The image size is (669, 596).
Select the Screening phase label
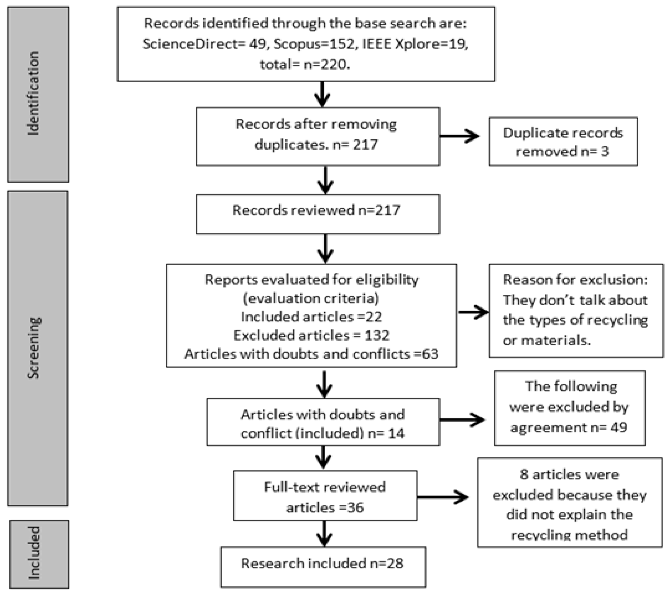(34, 348)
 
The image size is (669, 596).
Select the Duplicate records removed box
(563, 141)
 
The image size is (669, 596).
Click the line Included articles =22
(311, 317)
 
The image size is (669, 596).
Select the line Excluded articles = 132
(311, 335)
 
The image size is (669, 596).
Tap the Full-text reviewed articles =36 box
(325, 496)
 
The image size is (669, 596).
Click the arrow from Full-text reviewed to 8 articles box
(443, 497)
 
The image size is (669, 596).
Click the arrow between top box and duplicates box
(322, 94)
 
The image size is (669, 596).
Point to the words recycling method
(569, 535)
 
